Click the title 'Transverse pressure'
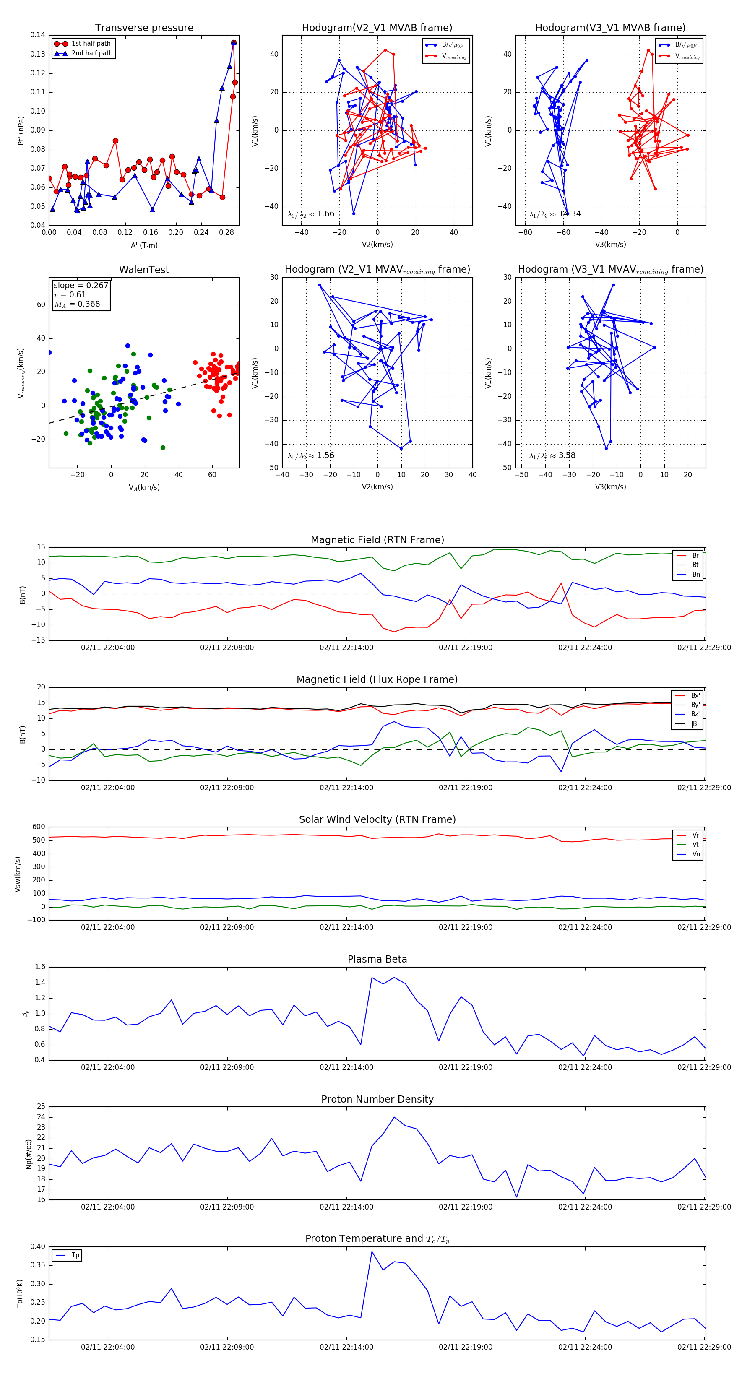[x=144, y=28]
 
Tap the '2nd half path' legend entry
[x=92, y=53]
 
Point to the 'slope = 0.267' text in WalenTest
[x=81, y=285]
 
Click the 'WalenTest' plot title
[x=144, y=270]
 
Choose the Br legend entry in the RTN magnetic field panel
[x=695, y=556]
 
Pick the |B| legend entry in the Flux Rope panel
[x=695, y=724]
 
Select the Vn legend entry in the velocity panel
[x=695, y=854]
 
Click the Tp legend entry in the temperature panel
[x=75, y=1256]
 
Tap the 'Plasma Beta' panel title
[x=377, y=960]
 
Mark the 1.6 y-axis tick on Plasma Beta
[x=40, y=967]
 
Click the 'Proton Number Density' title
[x=377, y=1099]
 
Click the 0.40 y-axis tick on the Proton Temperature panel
[x=38, y=1247]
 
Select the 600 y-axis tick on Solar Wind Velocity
[x=39, y=827]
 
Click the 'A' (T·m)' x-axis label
[x=144, y=245]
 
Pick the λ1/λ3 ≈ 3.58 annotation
[x=552, y=455]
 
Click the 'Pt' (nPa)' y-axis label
[x=21, y=130]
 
